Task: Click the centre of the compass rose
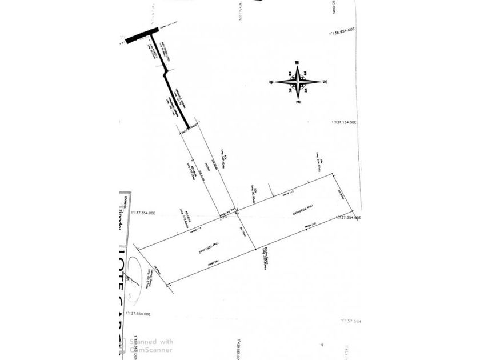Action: click(298, 82)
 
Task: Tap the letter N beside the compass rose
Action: click(324, 82)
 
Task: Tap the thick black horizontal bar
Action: click(142, 35)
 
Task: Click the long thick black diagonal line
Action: click(177, 99)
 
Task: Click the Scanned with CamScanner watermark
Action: click(151, 345)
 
